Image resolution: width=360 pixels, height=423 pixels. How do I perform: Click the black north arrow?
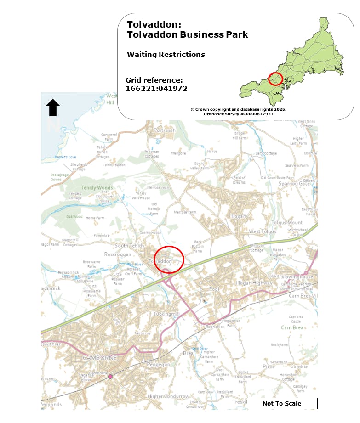53,107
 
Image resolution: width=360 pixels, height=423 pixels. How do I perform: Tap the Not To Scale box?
282,403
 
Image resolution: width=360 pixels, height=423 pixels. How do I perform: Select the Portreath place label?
165,130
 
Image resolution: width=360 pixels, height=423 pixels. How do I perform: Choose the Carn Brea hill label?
292,327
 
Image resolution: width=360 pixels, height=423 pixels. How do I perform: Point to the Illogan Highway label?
254,283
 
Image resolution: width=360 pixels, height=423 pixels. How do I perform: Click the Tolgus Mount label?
288,222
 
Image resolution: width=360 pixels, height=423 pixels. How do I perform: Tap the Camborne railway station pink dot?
110,377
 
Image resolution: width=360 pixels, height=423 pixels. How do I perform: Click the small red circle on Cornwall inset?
275,79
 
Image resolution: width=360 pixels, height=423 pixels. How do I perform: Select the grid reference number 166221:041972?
156,89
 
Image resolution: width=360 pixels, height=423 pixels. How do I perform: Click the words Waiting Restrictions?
166,54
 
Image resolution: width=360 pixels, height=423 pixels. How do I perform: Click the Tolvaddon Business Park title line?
187,34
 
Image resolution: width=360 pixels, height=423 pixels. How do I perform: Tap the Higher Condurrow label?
168,396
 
